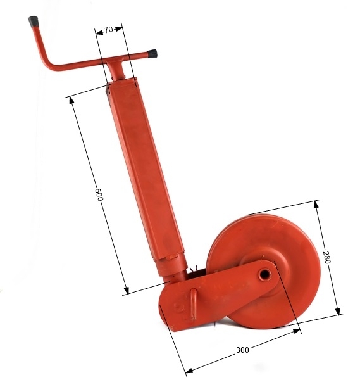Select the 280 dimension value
(x=326, y=257)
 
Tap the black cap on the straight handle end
(x=152, y=53)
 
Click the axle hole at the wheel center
(x=263, y=274)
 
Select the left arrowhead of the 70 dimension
(x=97, y=32)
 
